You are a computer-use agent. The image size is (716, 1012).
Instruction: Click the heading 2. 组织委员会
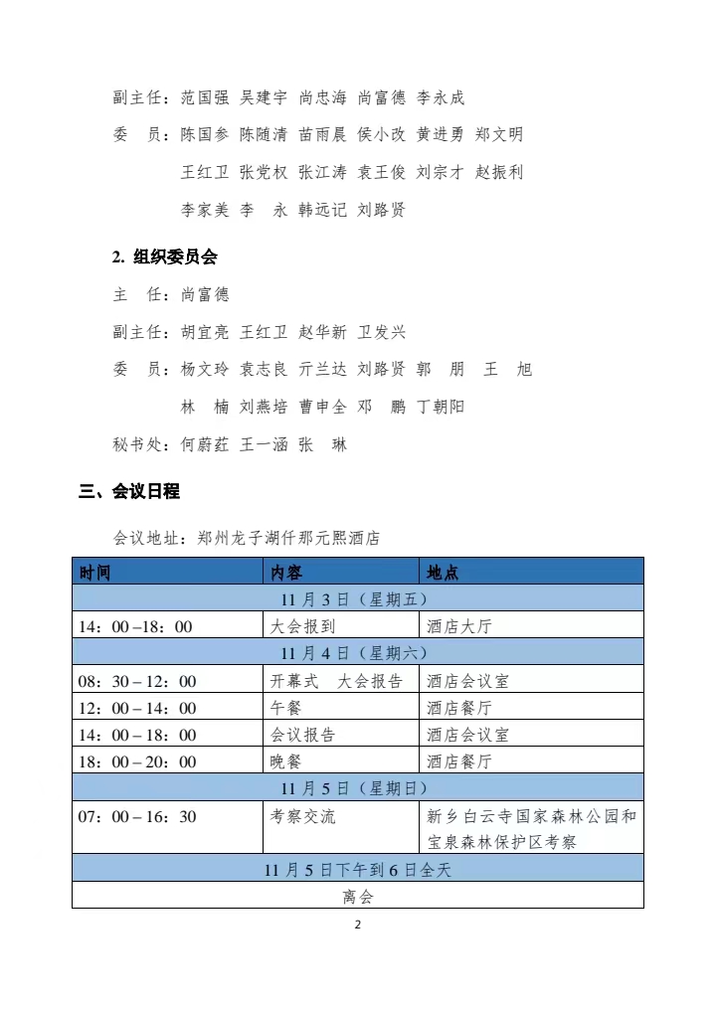point(164,256)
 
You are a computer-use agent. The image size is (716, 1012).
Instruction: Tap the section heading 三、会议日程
point(128,491)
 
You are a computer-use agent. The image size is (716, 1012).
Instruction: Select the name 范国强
point(205,97)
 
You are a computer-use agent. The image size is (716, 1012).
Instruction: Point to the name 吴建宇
point(264,97)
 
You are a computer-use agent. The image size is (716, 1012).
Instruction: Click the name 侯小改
point(381,134)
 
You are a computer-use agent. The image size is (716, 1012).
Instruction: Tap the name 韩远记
point(322,210)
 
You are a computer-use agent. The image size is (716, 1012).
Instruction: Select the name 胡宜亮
point(205,332)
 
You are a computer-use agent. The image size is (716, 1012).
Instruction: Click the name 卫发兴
point(381,332)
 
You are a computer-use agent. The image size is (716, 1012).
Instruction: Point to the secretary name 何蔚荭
point(205,444)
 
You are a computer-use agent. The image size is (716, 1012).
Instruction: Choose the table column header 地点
point(443,573)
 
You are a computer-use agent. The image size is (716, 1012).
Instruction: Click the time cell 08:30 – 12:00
point(137,681)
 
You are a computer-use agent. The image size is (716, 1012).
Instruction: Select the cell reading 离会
point(357,897)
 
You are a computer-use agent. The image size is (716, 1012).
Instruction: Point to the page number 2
point(358,925)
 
